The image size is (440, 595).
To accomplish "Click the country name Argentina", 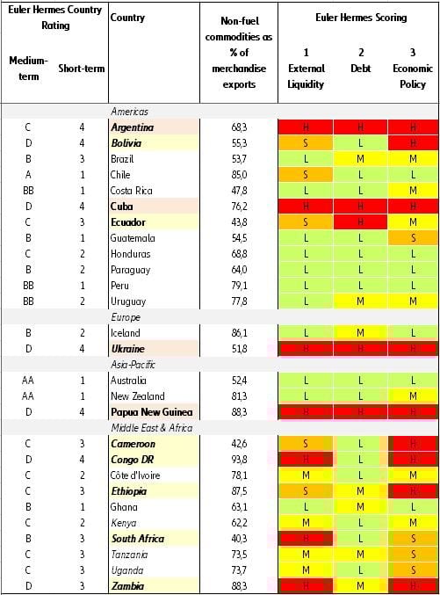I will (133, 127).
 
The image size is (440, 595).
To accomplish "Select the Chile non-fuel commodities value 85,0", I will (238, 175).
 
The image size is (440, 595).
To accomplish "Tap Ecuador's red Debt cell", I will (360, 222).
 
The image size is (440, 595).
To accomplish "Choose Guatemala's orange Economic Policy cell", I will (413, 238).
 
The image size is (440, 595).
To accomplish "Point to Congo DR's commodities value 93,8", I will (238, 460).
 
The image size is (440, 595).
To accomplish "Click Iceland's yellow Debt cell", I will (360, 333).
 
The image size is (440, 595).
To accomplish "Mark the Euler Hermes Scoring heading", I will (359, 18).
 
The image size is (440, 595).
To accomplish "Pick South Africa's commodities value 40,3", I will (238, 539).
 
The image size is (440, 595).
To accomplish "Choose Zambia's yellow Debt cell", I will (360, 586).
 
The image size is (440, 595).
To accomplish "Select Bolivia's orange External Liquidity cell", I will (306, 143).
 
